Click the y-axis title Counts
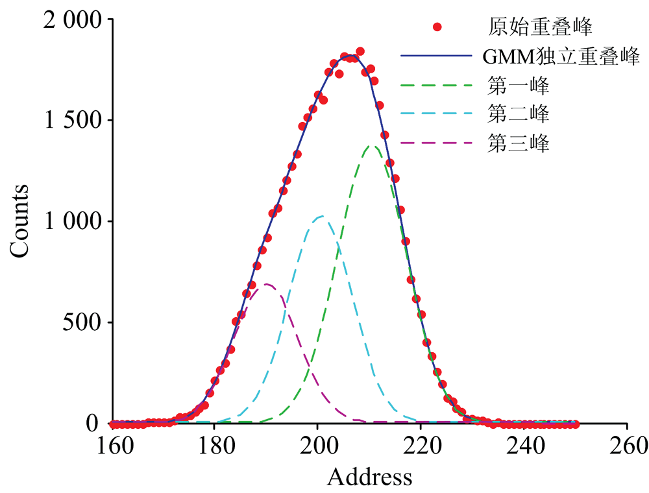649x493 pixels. (x=19, y=221)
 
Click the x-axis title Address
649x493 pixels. (x=369, y=477)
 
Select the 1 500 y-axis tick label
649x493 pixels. (x=73, y=121)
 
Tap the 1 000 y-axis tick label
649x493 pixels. (x=73, y=221)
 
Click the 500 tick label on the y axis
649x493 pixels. (x=84, y=322)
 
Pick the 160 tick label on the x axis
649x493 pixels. (x=112, y=446)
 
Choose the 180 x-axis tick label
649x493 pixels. (x=214, y=446)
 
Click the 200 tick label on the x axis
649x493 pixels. (x=317, y=446)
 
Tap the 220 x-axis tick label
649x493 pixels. (x=421, y=446)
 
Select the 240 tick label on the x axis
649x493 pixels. (x=524, y=446)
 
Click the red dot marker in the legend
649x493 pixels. (x=437, y=27)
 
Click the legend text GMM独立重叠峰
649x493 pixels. (x=561, y=56)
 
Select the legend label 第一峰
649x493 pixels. (x=519, y=86)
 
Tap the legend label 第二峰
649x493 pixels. (x=519, y=115)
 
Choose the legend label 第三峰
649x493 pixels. (x=519, y=144)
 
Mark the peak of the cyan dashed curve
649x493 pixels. (x=321, y=217)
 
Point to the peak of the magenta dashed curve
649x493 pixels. (x=266, y=284)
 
